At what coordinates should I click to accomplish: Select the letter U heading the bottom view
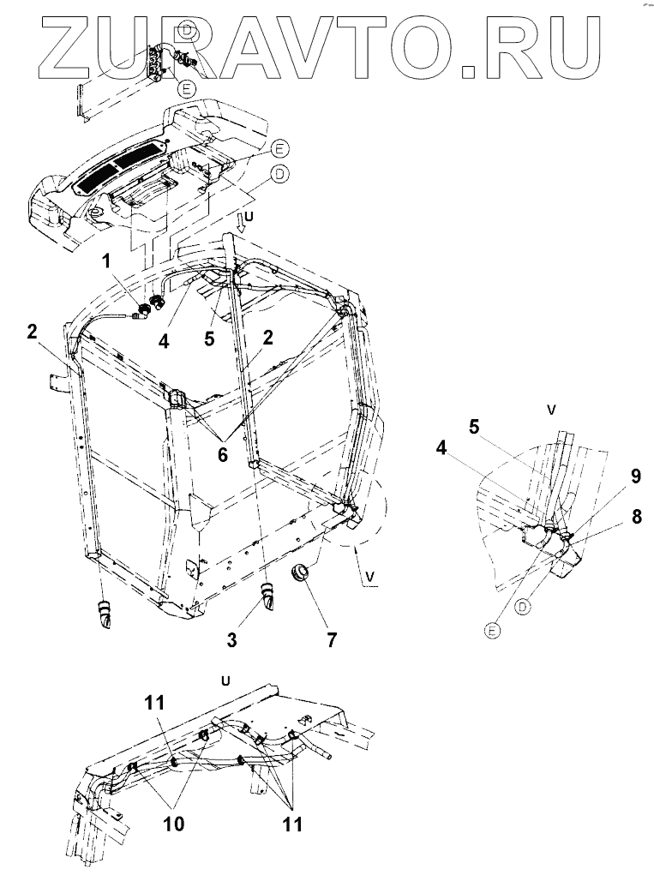coord(226,682)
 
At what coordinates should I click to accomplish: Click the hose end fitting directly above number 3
coord(267,594)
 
